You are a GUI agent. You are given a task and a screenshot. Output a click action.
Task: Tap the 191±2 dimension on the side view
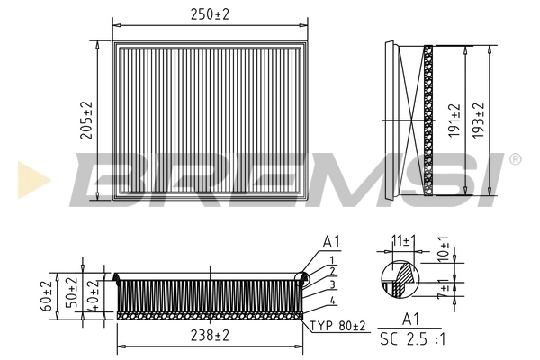coord(454,119)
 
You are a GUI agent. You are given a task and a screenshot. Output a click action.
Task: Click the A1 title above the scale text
coord(409,318)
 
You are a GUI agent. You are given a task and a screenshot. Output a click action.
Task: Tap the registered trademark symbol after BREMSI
coord(514,158)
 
